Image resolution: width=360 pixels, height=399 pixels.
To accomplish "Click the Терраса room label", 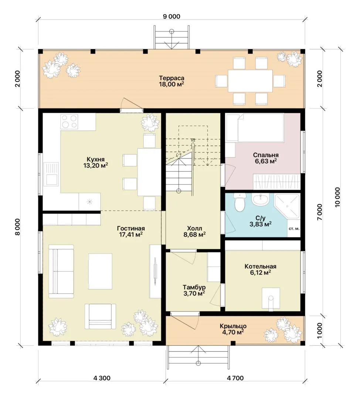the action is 171,78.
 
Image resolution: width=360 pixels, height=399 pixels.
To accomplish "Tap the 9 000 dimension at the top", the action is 171,17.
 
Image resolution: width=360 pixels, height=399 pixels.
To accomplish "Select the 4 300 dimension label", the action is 102,378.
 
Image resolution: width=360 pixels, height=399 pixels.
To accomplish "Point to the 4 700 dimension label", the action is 235,378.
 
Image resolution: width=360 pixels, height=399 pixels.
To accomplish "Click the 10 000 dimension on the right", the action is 337,197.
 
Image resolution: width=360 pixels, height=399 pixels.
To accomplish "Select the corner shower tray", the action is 287,206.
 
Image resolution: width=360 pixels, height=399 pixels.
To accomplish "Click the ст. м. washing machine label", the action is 294,229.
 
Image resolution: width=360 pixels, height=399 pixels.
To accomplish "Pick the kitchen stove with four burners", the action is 69,122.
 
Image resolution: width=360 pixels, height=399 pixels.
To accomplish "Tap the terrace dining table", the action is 250,81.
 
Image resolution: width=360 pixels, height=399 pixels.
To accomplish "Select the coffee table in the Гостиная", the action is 100,271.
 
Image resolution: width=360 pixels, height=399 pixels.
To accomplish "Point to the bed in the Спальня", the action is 255,127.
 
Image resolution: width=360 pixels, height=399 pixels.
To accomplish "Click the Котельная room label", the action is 261,266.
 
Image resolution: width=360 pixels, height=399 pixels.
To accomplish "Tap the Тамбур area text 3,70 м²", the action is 194,294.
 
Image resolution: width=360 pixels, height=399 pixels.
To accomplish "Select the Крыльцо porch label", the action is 233,326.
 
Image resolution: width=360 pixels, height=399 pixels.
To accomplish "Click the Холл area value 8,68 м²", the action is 194,235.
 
